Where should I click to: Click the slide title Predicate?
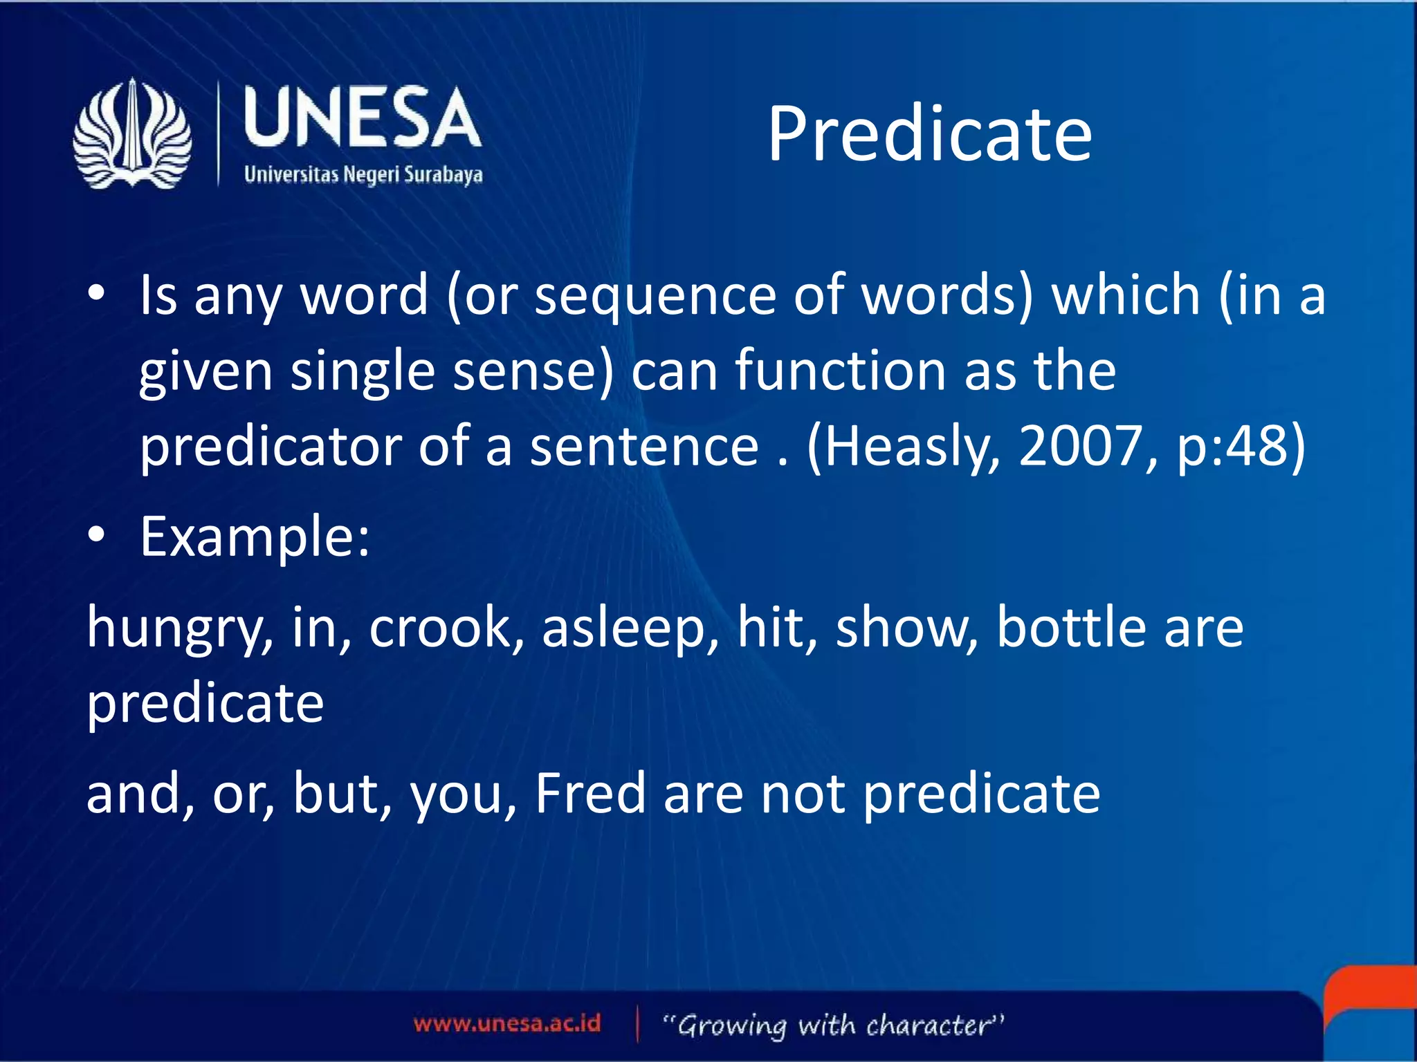tap(929, 135)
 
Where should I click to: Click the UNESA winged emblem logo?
tap(132, 133)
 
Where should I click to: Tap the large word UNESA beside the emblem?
tap(362, 118)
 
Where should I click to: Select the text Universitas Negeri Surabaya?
tap(363, 174)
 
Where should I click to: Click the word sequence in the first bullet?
tap(655, 296)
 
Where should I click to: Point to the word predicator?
tap(271, 447)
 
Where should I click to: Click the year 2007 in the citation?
tap(1080, 447)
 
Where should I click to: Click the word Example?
tap(255, 537)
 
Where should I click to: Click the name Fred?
tap(591, 794)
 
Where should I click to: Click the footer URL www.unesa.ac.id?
tap(506, 1023)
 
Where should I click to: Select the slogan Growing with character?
tap(833, 1025)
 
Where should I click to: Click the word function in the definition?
tap(839, 371)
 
